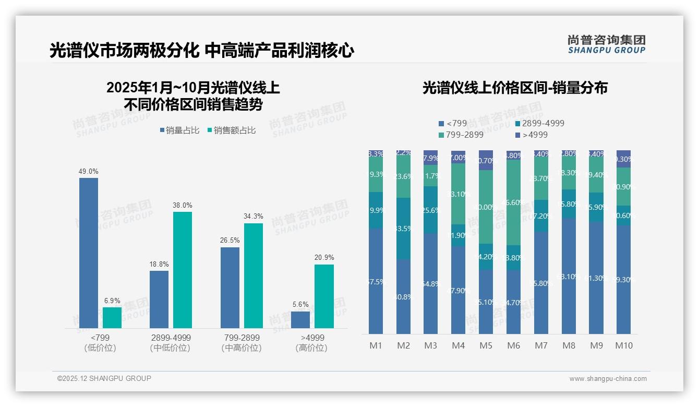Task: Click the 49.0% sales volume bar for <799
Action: (89, 253)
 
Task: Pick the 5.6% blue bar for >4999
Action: (300, 319)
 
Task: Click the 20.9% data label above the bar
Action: (324, 258)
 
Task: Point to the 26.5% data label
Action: (230, 241)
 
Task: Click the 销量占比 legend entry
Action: (179, 130)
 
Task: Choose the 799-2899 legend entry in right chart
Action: (461, 135)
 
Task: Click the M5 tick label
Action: (486, 345)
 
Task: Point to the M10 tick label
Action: (623, 345)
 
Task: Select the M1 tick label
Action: (376, 345)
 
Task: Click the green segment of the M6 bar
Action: (513, 202)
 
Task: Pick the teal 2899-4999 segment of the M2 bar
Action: (403, 229)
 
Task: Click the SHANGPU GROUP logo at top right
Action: (606, 44)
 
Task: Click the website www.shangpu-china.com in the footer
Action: (608, 379)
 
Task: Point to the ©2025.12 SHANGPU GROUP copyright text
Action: (104, 378)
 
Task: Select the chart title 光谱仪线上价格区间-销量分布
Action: (515, 88)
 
